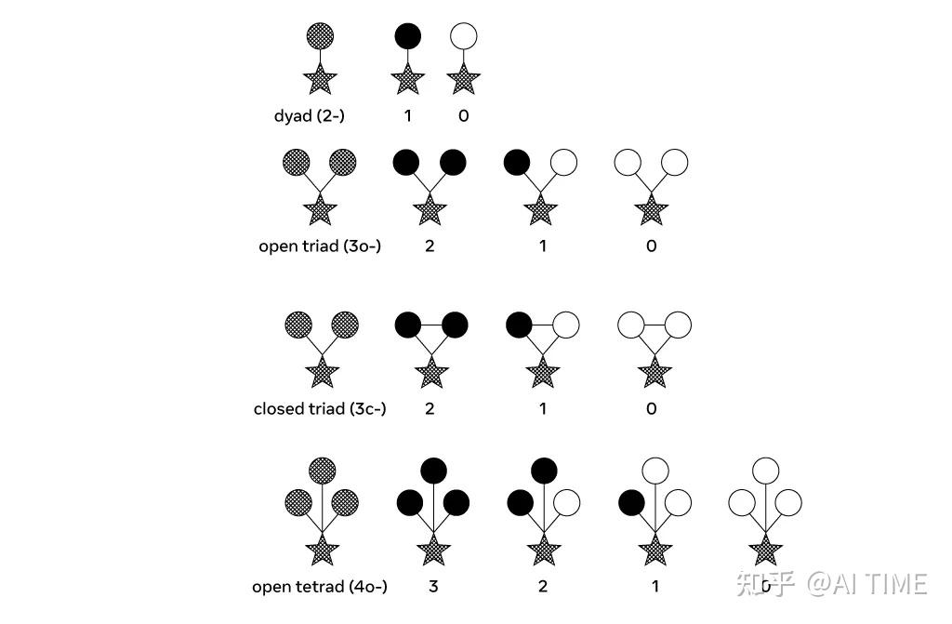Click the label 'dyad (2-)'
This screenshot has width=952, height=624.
pos(310,116)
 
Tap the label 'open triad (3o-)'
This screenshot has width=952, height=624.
pos(320,246)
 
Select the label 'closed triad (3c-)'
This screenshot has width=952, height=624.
pos(320,409)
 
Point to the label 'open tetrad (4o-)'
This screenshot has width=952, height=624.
pos(320,587)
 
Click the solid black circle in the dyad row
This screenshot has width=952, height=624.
pos(407,36)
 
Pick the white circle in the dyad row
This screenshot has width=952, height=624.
pos(463,36)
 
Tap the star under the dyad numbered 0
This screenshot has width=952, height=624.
pos(463,80)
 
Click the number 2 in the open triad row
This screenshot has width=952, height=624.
pos(430,246)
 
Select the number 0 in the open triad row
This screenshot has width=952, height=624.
pos(651,246)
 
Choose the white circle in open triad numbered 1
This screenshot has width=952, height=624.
pos(563,163)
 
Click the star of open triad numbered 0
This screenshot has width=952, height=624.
pos(651,209)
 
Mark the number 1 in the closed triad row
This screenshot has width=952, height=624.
pos(542,409)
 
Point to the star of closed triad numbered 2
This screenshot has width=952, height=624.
pos(430,373)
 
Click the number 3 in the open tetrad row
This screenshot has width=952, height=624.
pos(433,587)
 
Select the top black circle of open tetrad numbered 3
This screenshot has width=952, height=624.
pos(433,469)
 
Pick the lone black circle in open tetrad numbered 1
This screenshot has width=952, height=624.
pos(632,503)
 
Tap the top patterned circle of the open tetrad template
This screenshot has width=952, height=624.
pos(322,470)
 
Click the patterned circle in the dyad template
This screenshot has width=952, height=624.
pos(320,36)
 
